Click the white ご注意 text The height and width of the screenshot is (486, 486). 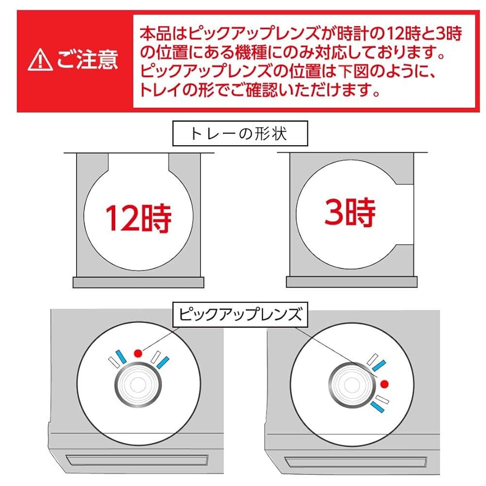click(87, 60)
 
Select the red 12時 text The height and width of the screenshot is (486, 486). click(138, 218)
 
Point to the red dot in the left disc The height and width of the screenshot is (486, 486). click(138, 352)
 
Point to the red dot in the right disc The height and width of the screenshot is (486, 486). click(385, 384)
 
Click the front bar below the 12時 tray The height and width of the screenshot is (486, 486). click(138, 282)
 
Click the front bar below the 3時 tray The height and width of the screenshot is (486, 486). click(351, 282)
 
